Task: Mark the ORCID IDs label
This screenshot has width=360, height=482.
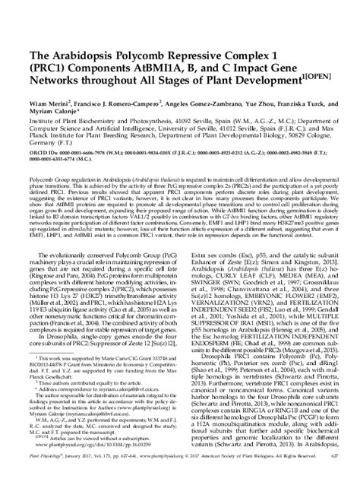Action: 28,141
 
